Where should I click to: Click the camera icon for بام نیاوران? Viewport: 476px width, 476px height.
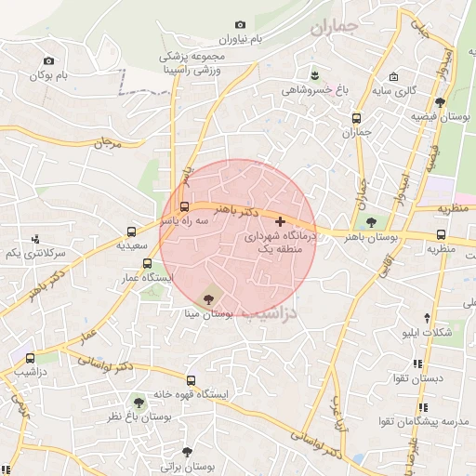pos(241,25)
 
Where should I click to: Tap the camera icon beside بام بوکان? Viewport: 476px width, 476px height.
pos(49,60)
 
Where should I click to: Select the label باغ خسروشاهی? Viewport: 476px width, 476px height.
pos(317,90)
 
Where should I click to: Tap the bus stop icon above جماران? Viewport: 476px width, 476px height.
pos(357,118)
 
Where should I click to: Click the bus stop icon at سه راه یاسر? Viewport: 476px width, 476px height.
pos(185,206)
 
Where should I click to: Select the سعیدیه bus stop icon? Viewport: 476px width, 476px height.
pos(132,232)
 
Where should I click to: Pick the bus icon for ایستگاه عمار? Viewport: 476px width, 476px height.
pos(147,263)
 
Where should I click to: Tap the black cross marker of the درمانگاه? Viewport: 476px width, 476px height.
pos(281,222)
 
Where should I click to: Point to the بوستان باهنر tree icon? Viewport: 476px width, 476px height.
pos(372,222)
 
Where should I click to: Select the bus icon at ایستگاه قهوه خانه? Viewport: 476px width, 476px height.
pos(191,380)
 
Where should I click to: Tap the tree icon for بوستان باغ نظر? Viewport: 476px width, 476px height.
pos(139,403)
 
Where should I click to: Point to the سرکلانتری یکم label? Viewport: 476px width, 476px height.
pos(35,253)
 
